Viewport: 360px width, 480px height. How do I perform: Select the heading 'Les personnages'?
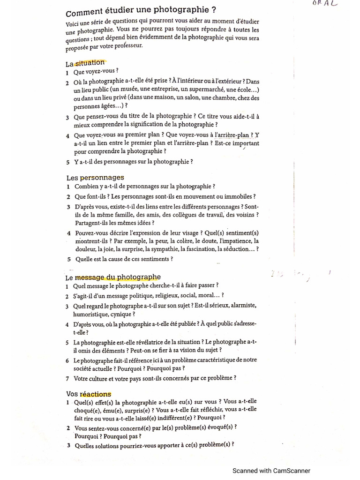(95, 178)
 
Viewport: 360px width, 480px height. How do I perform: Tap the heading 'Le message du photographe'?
(113, 277)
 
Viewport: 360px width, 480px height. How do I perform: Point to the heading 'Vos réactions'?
(89, 394)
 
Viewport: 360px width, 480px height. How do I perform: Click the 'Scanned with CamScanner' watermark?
(271, 471)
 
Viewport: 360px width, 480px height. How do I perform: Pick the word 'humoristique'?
(91, 314)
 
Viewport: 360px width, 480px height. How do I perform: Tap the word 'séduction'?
(233, 249)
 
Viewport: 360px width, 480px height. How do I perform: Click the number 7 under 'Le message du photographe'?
(67, 378)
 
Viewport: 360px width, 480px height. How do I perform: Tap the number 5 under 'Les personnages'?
(68, 259)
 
